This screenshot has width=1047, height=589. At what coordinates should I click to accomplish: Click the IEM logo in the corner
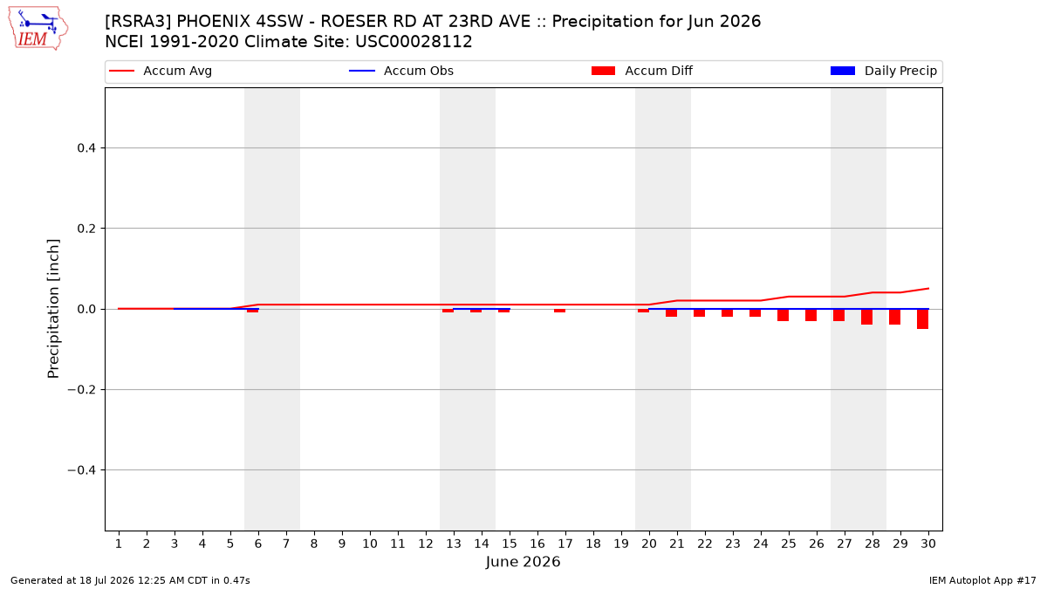click(x=38, y=29)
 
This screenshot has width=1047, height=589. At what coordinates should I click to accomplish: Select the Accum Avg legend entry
click(x=161, y=71)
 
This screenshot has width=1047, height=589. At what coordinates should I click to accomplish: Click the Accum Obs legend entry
click(x=401, y=71)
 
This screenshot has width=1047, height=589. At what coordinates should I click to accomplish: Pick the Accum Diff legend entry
click(x=642, y=71)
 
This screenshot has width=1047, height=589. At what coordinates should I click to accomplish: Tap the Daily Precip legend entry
click(x=883, y=71)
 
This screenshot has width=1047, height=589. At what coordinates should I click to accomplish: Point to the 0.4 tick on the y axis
click(x=86, y=148)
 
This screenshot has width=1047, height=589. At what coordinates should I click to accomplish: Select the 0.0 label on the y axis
click(x=86, y=310)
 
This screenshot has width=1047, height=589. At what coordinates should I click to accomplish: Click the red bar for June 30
click(x=923, y=318)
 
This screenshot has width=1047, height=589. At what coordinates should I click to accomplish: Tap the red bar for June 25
click(x=783, y=315)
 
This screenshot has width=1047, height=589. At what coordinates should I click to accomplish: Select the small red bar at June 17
click(x=559, y=311)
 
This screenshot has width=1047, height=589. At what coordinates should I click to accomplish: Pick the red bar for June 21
click(x=671, y=313)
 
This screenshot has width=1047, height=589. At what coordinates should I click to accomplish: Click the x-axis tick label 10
click(x=370, y=544)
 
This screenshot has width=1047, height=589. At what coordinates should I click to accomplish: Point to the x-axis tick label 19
click(x=621, y=544)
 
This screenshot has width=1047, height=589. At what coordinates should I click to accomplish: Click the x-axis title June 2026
click(x=523, y=562)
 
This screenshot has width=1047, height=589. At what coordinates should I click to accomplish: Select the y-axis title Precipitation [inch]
click(x=53, y=309)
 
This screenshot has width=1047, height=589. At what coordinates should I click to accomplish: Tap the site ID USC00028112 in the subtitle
click(x=414, y=42)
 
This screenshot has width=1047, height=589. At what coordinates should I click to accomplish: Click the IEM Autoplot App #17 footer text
click(x=982, y=580)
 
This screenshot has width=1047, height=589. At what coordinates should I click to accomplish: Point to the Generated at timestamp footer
click(x=130, y=580)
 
